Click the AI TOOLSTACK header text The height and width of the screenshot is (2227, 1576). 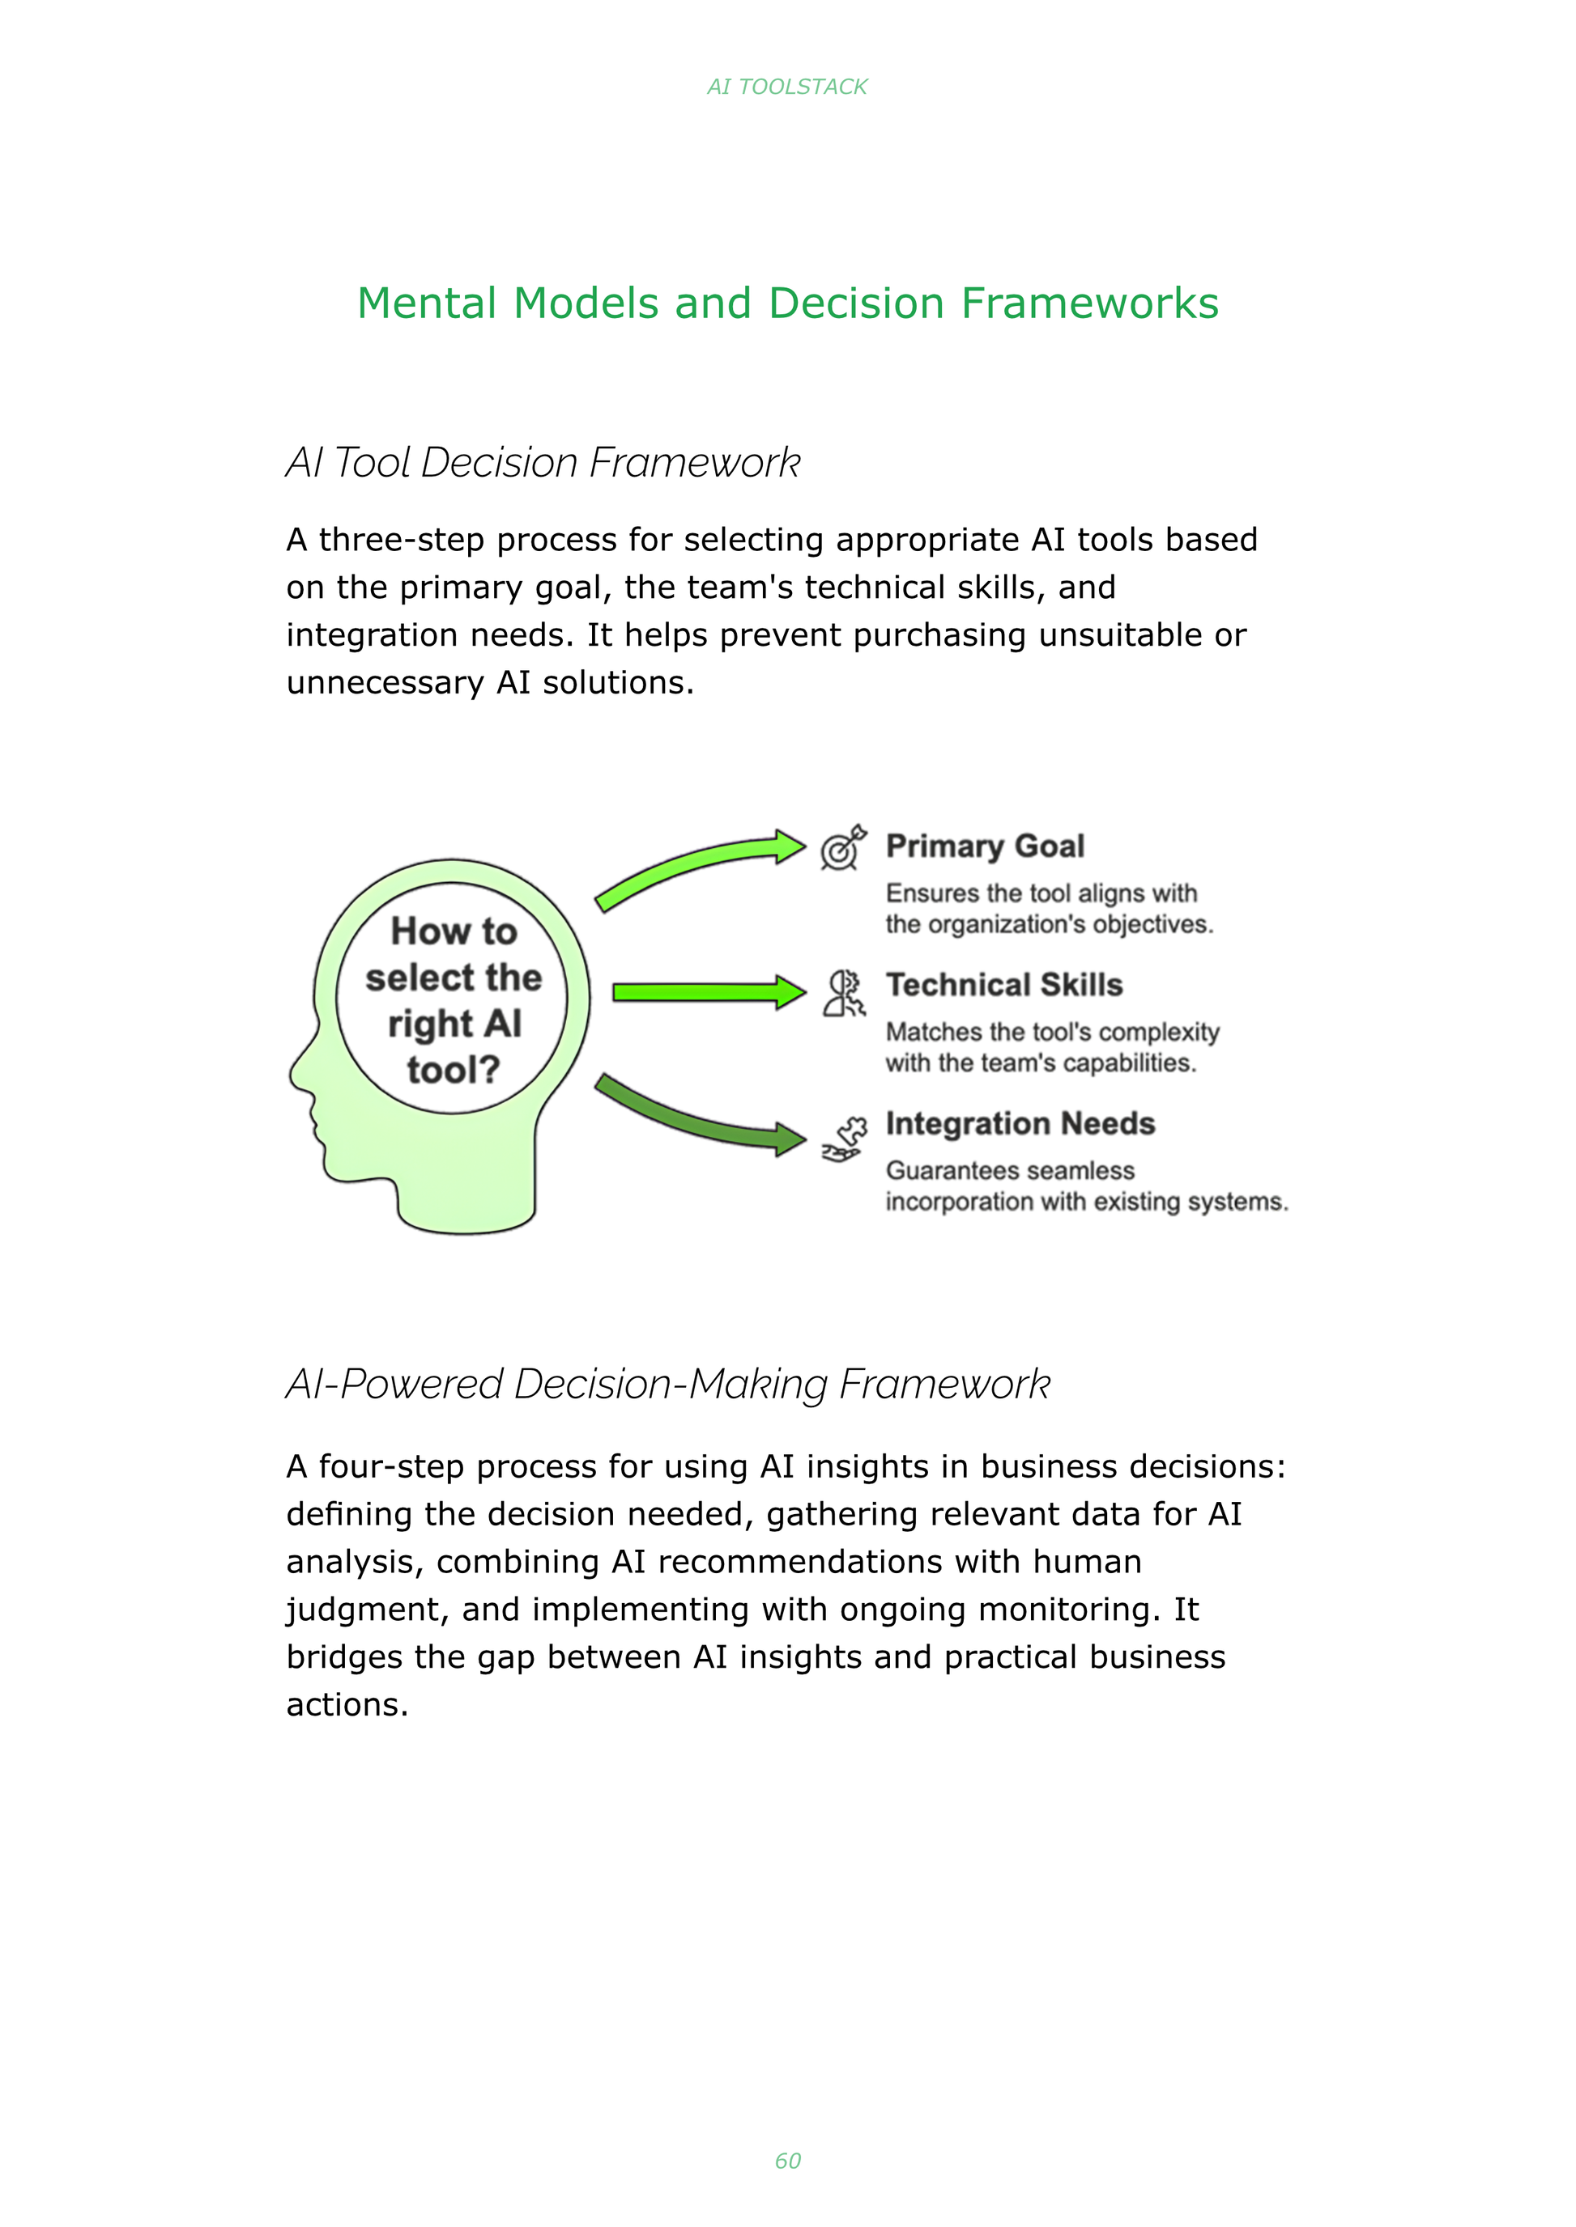[787, 87]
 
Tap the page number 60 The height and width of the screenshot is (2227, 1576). [787, 2160]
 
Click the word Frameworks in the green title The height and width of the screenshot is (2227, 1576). [1090, 303]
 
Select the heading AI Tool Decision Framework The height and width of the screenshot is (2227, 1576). [543, 463]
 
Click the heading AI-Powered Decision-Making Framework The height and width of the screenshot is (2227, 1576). [667, 1384]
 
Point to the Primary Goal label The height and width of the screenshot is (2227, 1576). [985, 846]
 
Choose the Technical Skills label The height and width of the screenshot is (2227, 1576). [1004, 985]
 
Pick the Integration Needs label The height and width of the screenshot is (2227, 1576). [1020, 1123]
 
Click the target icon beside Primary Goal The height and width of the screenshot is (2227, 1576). [842, 848]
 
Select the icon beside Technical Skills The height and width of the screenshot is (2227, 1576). [843, 992]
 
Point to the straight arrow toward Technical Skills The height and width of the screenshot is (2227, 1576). [709, 992]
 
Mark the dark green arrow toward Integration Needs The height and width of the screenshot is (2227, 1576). [699, 1115]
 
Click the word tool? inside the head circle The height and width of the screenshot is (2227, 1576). [454, 1070]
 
